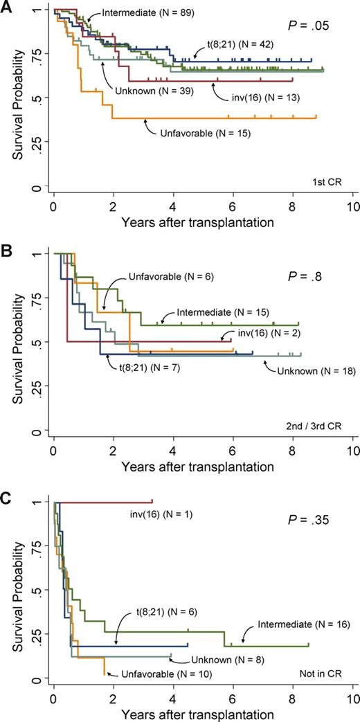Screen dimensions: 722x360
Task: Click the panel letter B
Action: tap(6, 250)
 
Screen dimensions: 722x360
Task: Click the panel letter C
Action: tap(6, 493)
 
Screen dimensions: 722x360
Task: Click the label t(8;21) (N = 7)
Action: tap(152, 367)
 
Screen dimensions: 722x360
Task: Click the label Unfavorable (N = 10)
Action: tap(165, 673)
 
